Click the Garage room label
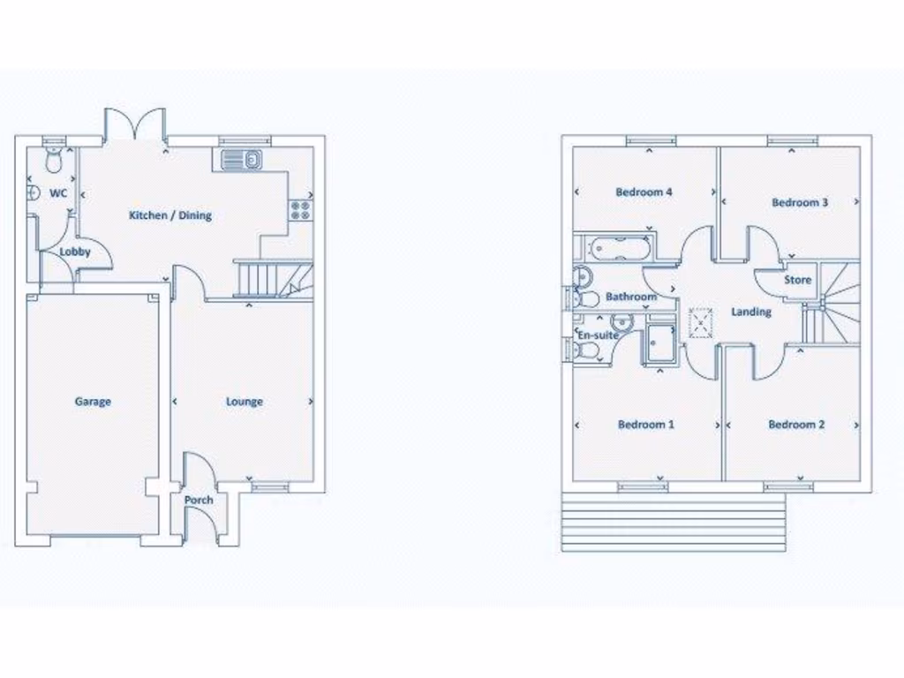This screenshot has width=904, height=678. (x=93, y=402)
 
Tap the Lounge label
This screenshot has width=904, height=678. (x=244, y=402)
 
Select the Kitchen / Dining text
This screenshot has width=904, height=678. (x=170, y=215)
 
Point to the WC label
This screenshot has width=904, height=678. (x=58, y=193)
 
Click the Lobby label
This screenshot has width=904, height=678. (x=75, y=252)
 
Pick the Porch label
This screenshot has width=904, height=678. (x=199, y=501)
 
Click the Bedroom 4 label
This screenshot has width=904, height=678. (x=644, y=192)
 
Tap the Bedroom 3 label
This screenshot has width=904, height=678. (x=800, y=202)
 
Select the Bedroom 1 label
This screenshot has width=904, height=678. (x=646, y=425)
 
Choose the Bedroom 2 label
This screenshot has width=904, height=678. (x=796, y=425)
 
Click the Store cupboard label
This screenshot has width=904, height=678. (x=797, y=281)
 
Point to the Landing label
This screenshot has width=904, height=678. (x=751, y=312)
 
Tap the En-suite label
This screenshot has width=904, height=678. (x=598, y=336)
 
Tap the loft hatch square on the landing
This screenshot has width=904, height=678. (x=701, y=322)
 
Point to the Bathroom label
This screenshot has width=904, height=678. (x=630, y=297)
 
